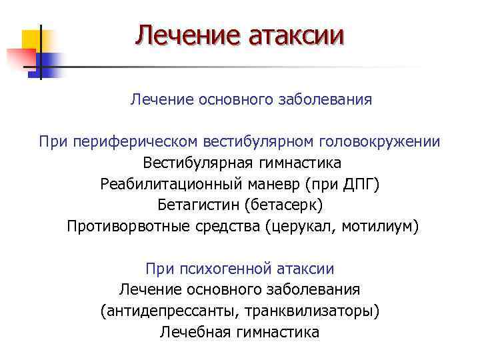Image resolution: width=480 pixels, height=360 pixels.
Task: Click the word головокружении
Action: point(379,141)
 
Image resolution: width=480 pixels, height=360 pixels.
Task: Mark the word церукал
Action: point(302,226)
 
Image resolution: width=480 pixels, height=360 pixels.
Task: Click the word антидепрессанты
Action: point(170,311)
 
